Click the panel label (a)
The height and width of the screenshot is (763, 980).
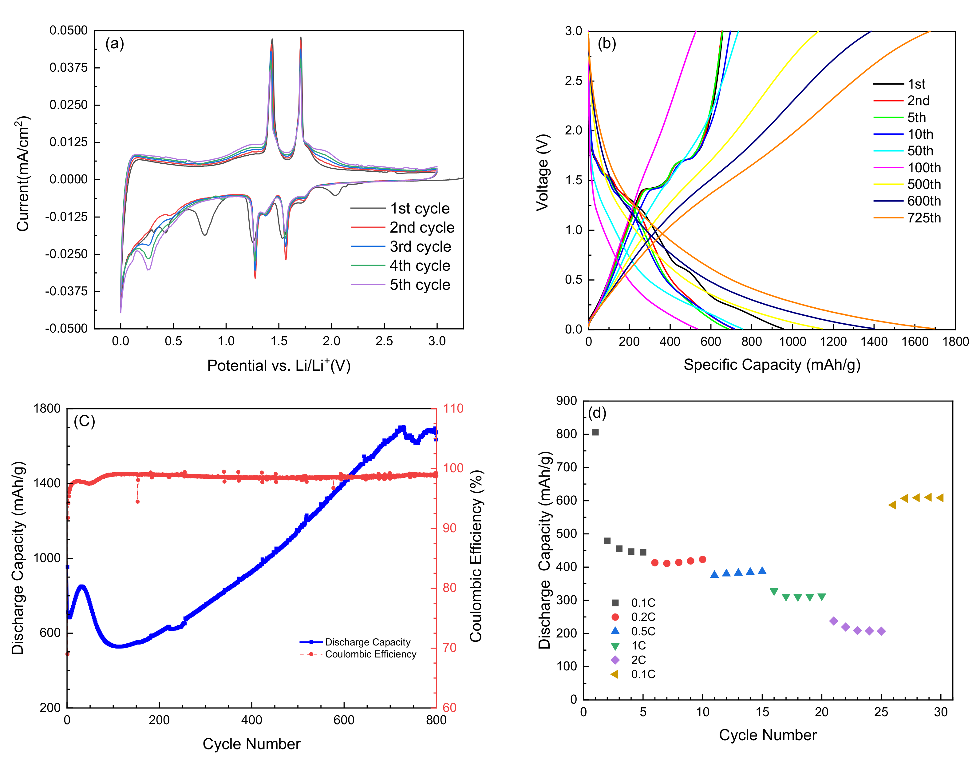coord(114,44)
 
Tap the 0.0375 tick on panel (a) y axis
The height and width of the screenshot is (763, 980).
coord(68,67)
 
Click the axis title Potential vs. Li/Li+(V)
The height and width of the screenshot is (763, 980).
coord(279,365)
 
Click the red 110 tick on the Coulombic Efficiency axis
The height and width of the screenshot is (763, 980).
coord(453,408)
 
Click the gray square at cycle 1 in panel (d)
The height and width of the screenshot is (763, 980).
coord(595,432)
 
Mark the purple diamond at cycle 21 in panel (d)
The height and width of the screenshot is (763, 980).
coord(834,621)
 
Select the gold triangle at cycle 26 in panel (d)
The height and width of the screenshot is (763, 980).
coord(892,505)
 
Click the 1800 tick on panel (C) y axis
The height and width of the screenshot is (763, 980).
coord(47,408)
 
